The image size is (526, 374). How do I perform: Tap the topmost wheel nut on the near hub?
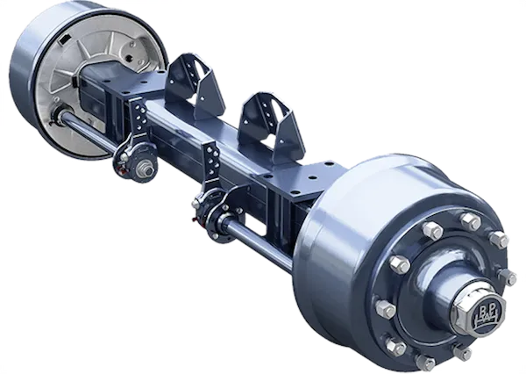432,231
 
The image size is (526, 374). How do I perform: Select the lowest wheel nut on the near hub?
426,362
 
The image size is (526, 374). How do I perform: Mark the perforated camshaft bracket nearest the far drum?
138,118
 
